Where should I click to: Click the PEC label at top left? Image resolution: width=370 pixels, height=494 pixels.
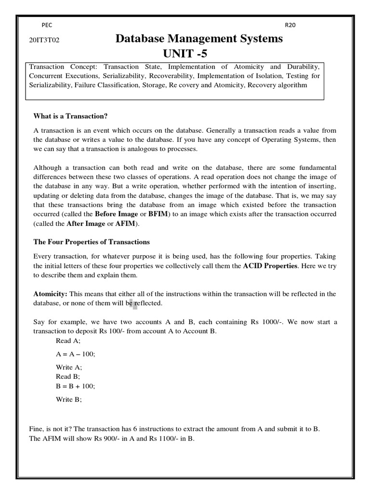tap(47, 25)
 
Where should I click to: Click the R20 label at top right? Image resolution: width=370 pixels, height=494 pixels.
tap(291, 25)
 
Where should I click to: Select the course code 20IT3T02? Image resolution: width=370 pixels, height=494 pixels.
tap(44, 41)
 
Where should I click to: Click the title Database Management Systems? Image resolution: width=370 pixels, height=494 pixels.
tap(199, 39)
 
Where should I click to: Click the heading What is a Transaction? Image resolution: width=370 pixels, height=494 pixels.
tap(70, 115)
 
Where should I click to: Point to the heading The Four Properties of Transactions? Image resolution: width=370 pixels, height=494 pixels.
tap(92, 242)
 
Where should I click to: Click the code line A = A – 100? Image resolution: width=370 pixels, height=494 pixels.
tap(76, 354)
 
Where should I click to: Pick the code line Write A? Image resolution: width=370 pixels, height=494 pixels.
tap(69, 367)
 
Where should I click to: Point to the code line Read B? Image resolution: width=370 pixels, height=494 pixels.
tap(68, 376)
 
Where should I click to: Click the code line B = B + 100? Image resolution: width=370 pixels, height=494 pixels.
tap(76, 386)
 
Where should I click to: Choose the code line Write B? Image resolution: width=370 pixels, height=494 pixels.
tap(69, 399)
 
